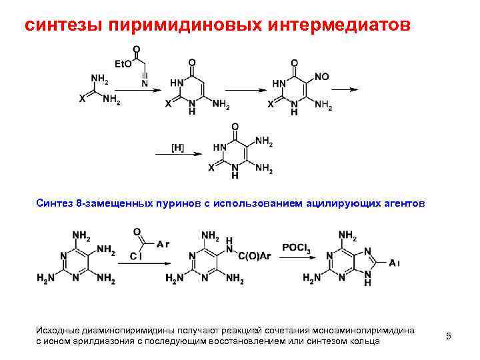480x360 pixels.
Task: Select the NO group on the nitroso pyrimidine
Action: pyautogui.click(x=321, y=77)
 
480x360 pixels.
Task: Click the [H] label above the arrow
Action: pyautogui.click(x=178, y=145)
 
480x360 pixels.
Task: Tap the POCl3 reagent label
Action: pyautogui.click(x=296, y=247)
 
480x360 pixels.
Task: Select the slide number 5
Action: pyautogui.click(x=449, y=336)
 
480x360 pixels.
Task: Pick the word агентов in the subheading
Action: pyautogui.click(x=399, y=203)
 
